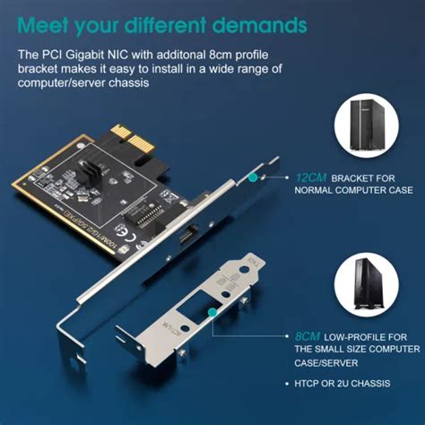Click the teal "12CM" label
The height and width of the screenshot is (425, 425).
click(310, 178)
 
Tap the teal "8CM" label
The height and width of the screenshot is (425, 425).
click(307, 335)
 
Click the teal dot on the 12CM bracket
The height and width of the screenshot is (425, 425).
click(253, 178)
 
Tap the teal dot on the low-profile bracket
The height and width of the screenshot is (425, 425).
click(213, 313)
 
